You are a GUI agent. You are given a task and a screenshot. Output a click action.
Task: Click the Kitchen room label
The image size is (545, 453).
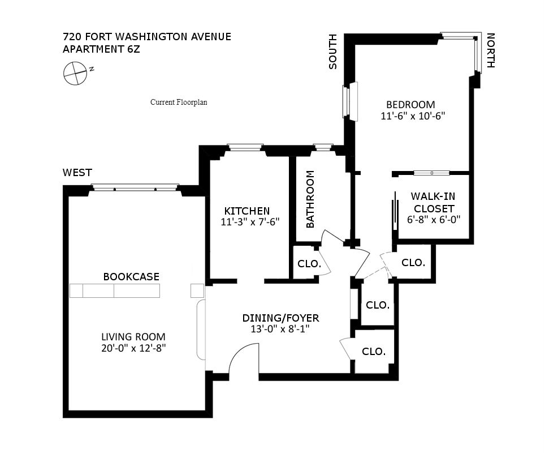point(246,211)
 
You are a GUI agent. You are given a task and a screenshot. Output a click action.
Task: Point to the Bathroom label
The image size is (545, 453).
point(310,207)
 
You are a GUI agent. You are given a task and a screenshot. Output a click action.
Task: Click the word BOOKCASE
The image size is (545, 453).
point(131,277)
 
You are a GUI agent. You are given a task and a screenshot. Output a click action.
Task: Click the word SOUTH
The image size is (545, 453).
point(333,52)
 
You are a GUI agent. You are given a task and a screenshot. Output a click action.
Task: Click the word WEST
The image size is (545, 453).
point(77,173)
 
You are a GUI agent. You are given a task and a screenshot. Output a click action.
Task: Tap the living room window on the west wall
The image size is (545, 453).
point(135,187)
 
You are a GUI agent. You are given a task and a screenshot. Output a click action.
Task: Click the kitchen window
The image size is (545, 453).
point(245,148)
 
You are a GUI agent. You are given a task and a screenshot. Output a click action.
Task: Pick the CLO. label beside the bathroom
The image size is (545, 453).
point(309,264)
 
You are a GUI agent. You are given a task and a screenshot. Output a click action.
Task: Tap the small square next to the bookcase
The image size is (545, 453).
point(197,290)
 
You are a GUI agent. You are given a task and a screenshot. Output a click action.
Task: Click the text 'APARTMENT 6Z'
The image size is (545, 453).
point(101,49)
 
